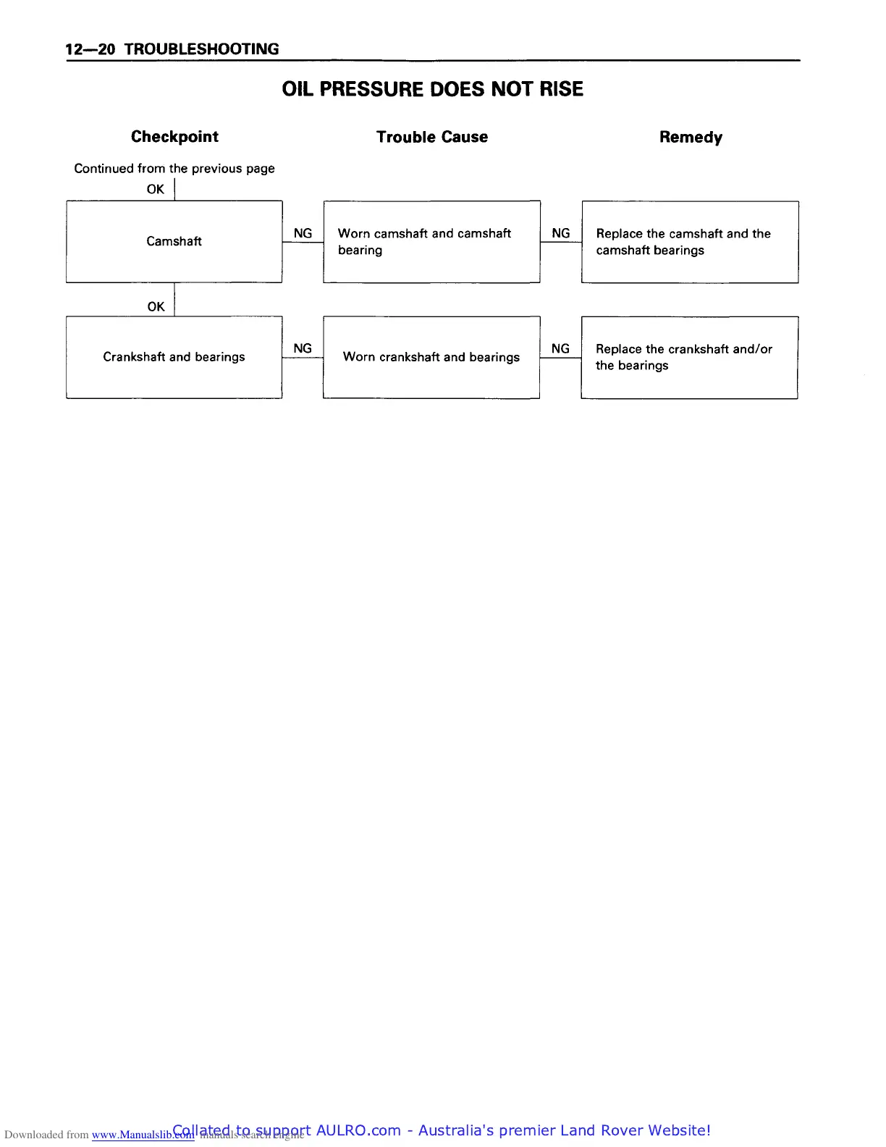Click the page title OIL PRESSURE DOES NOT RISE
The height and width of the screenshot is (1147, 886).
[x=432, y=89]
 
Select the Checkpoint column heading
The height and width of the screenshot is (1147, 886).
[x=174, y=137]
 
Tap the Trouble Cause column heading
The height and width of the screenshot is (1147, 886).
[x=432, y=137]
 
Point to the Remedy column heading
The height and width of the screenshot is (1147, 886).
[x=691, y=138]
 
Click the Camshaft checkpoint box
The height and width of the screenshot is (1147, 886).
[x=174, y=241]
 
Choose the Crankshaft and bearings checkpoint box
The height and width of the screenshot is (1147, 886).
[x=174, y=357]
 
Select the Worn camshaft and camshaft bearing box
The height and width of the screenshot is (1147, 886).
[x=431, y=242]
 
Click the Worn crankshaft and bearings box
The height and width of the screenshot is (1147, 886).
[x=431, y=357]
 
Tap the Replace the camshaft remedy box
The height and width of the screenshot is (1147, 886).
[x=690, y=242]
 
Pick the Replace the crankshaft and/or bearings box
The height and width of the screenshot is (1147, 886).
[x=689, y=357]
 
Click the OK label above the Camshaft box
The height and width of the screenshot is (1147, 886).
[x=156, y=189]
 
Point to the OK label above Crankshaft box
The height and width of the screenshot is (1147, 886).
[x=156, y=306]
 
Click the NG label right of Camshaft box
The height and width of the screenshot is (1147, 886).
[x=303, y=233]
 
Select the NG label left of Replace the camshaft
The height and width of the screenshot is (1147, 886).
[x=561, y=233]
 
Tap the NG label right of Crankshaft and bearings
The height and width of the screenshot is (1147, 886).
[x=303, y=348]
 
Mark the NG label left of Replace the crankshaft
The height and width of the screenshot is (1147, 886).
[x=560, y=348]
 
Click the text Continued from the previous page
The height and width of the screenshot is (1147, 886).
[x=174, y=169]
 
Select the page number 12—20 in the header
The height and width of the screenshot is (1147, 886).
[x=90, y=49]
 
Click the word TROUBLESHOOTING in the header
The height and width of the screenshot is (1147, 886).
[x=201, y=49]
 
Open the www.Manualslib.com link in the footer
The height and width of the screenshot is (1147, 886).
[x=143, y=1135]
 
